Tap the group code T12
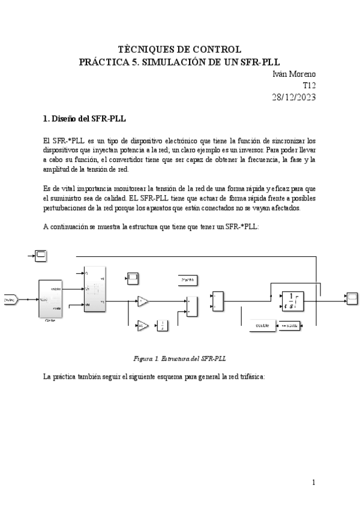coord(309,85)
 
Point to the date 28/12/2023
coord(294,97)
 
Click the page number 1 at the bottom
coord(313,482)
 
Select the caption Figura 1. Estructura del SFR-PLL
coord(179,358)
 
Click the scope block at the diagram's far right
coord(352,297)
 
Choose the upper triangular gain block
coord(142,301)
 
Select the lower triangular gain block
coord(142,326)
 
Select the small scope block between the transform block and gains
coord(132,277)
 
